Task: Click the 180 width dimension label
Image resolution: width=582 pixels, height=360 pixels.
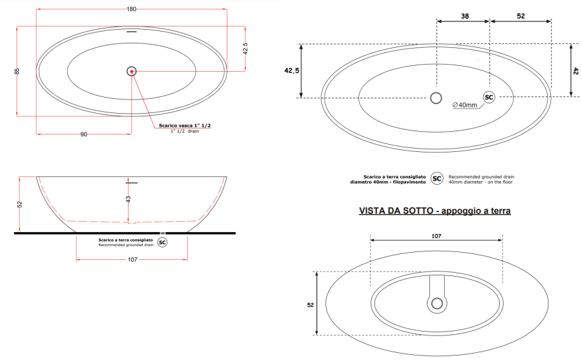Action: coord(131,9)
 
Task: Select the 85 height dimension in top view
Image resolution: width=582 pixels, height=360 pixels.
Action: coord(17,71)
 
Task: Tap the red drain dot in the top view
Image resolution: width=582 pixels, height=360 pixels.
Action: coord(132,71)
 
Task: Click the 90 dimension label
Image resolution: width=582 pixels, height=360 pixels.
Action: coord(84,134)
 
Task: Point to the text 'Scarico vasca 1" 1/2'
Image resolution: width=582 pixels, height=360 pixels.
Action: coord(184,125)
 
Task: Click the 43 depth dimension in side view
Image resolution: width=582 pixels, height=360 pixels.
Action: coord(129,199)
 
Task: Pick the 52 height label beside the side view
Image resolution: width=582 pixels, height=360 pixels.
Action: coord(19,204)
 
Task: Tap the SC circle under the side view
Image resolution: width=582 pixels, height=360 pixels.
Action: coord(162,243)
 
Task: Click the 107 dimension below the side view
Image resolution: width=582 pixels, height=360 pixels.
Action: coord(133,259)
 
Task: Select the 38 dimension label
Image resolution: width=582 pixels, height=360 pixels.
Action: coord(465,16)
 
